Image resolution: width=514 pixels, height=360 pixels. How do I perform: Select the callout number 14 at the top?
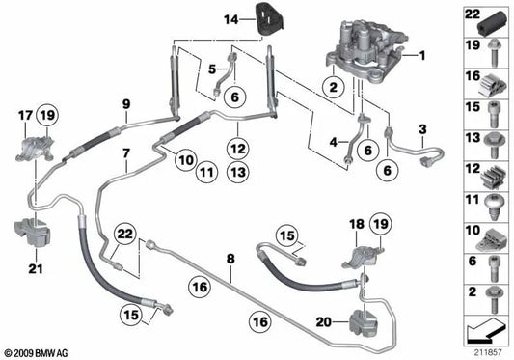click(230, 18)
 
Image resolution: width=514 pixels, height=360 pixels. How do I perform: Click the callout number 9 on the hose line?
click(125, 103)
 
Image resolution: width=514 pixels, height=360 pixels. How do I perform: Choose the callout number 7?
click(125, 153)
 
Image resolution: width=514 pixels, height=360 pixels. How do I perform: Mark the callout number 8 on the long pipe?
click(230, 259)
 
